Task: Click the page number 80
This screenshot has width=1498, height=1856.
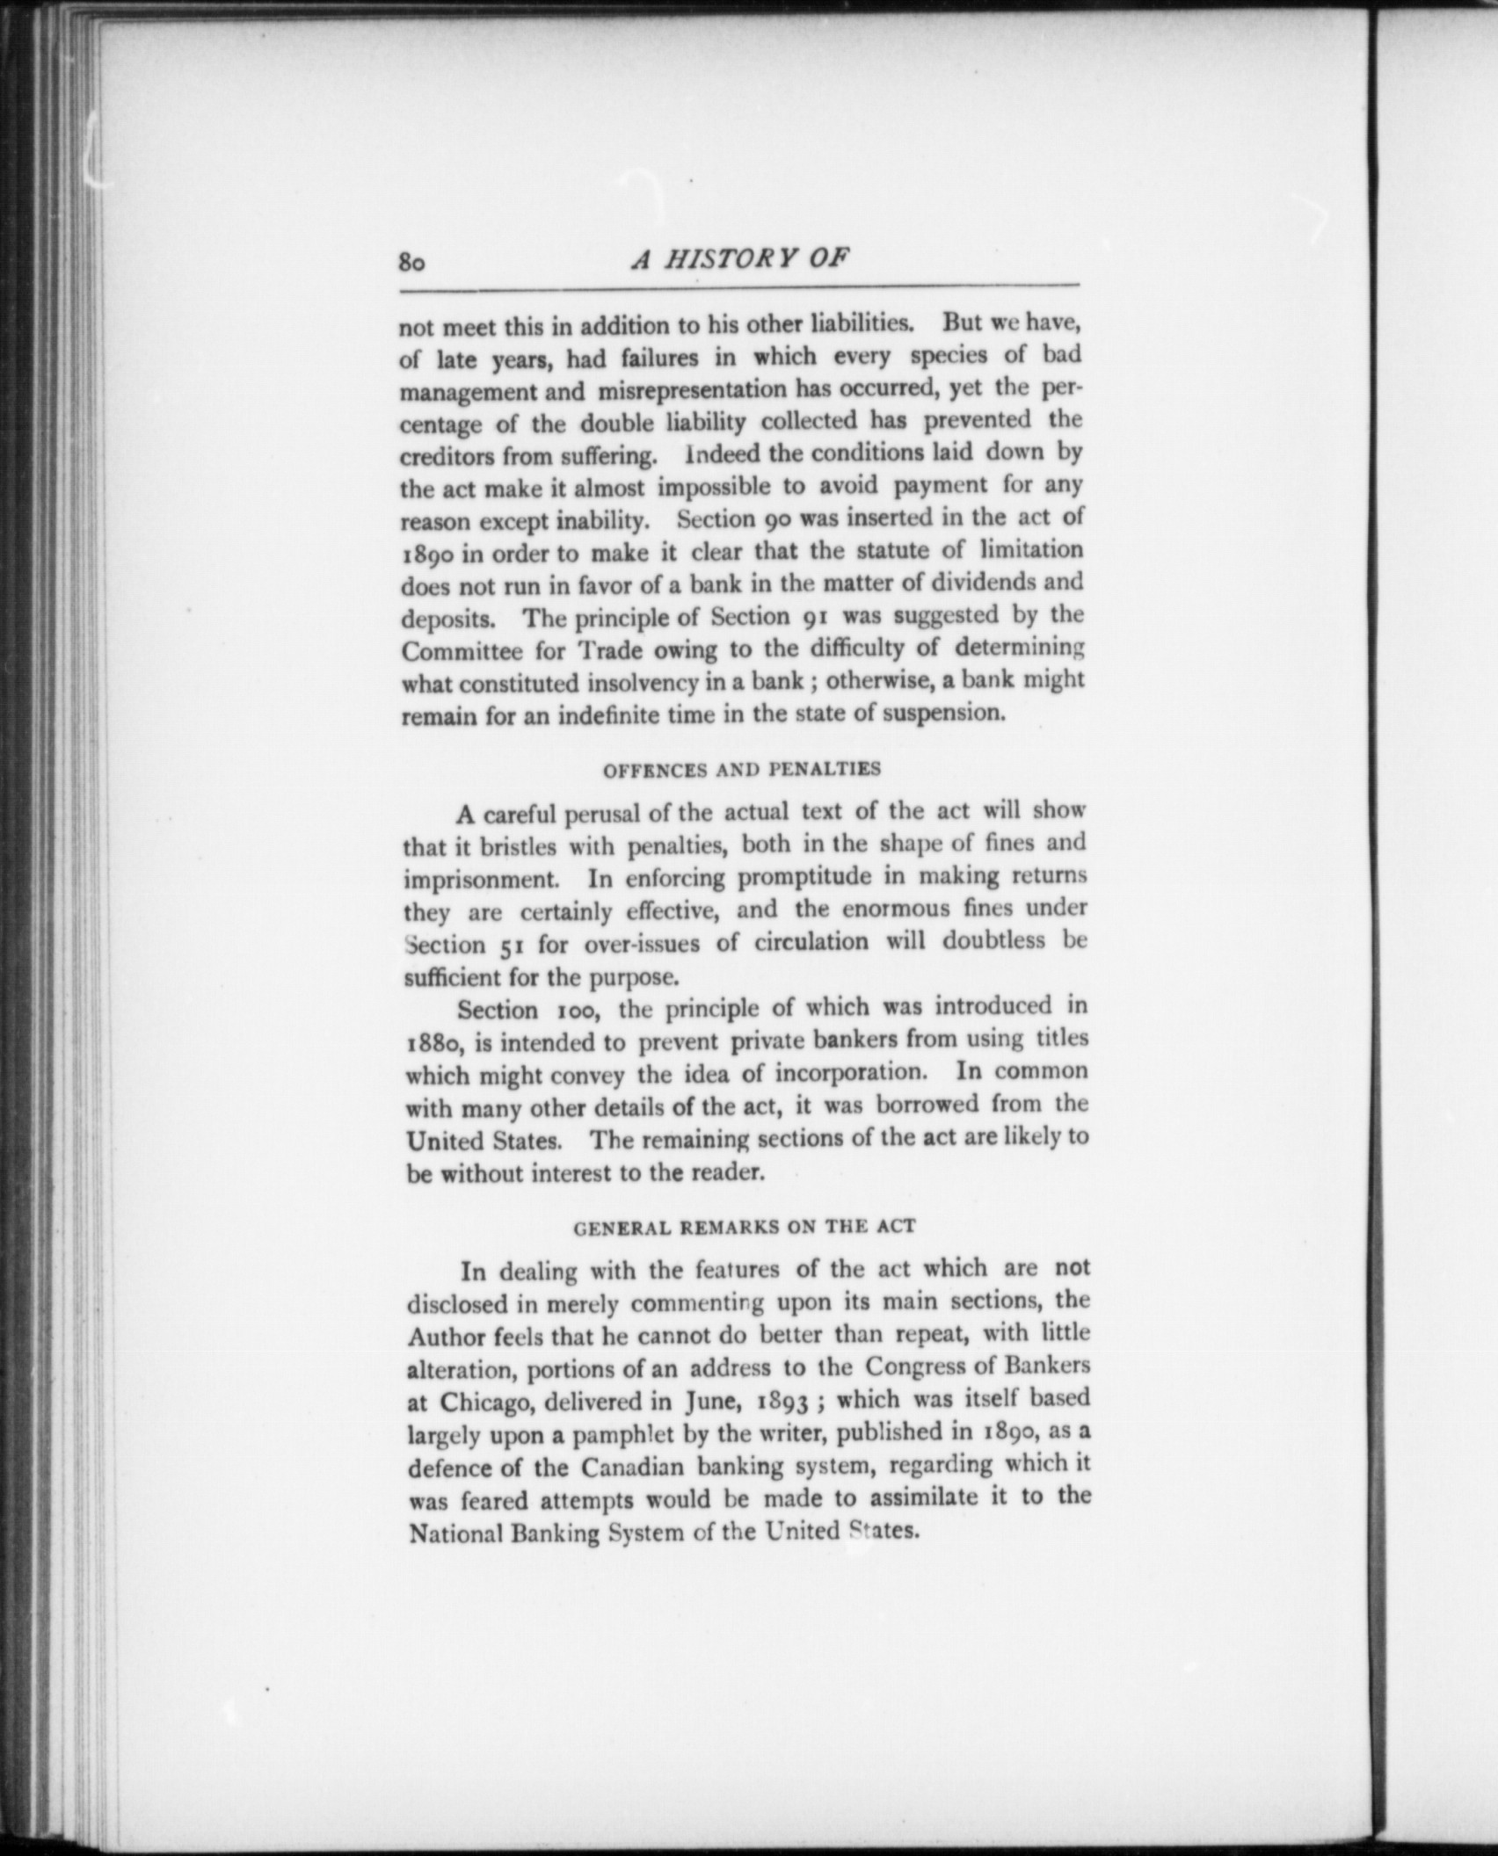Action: pyautogui.click(x=412, y=263)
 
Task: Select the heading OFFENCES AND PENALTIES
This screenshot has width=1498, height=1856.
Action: pyautogui.click(x=741, y=770)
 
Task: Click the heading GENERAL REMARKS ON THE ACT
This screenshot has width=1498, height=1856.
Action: pyautogui.click(x=744, y=1227)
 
